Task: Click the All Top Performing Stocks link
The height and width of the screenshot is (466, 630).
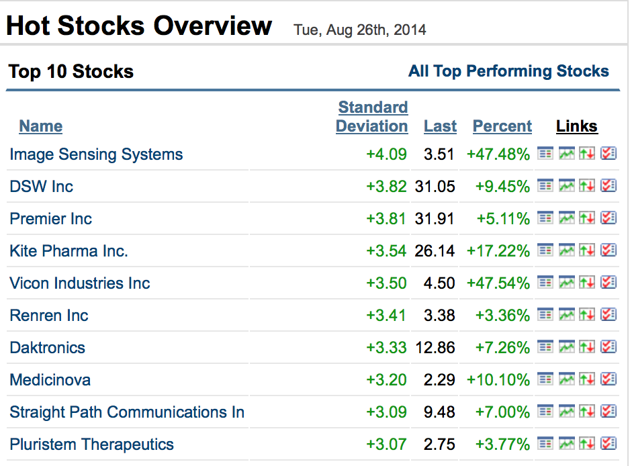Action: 508,71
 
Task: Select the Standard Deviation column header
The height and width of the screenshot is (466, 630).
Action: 372,117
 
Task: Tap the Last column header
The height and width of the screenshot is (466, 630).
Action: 440,126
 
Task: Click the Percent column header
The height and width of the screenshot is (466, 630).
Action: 502,126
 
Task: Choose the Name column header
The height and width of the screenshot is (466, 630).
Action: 40,126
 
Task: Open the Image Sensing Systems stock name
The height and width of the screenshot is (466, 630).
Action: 96,154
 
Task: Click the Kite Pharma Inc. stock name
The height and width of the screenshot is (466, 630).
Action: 69,251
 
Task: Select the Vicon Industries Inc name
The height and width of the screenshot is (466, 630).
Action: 79,283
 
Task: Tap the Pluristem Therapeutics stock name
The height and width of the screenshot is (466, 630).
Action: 91,445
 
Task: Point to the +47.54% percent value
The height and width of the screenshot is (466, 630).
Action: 498,283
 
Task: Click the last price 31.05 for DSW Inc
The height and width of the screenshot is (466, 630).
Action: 435,187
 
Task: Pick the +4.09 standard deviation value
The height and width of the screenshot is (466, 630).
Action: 386,154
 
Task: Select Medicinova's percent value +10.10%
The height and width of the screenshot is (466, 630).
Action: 498,380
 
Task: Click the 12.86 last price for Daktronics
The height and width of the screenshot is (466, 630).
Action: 435,348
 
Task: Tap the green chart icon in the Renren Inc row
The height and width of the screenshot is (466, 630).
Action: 566,314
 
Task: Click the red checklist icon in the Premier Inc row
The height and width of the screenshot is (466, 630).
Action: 609,218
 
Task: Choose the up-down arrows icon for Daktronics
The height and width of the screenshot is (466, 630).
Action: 587,346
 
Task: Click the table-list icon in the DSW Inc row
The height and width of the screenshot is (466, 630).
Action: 545,185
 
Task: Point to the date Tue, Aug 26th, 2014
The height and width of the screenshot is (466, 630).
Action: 359,30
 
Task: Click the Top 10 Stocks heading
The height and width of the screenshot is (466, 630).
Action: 71,71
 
